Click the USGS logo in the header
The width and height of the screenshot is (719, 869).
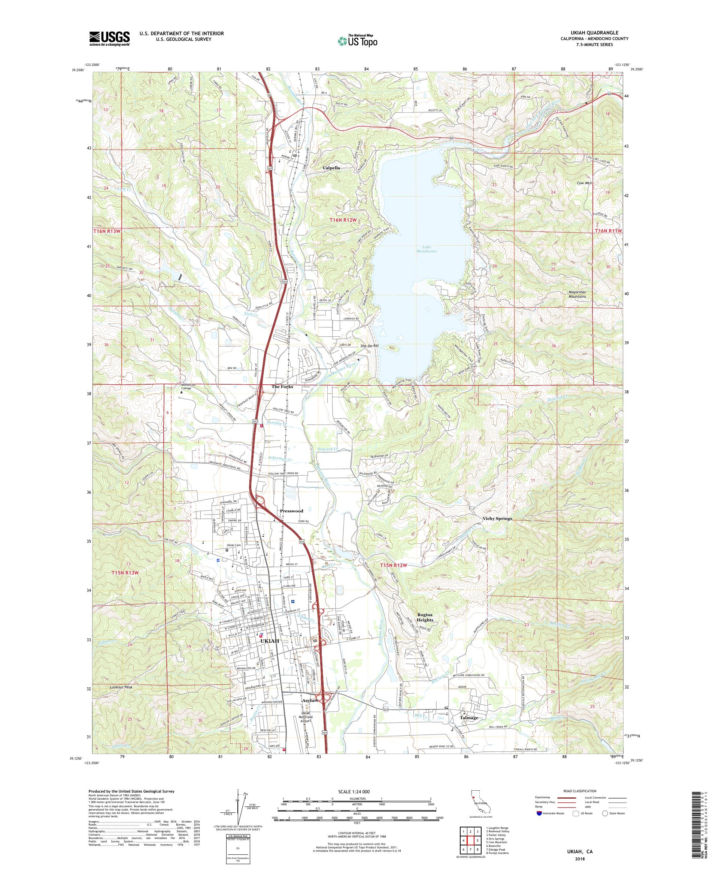tap(110, 39)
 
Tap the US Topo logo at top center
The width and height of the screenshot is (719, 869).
tap(358, 40)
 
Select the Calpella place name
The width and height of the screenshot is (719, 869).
tap(331, 168)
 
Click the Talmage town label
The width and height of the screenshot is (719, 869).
tap(469, 718)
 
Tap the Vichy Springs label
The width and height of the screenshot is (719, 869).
tap(497, 518)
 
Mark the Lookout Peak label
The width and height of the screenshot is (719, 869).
tap(121, 687)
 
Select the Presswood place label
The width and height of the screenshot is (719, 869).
tap(292, 511)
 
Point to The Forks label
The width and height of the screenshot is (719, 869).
tap(282, 387)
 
